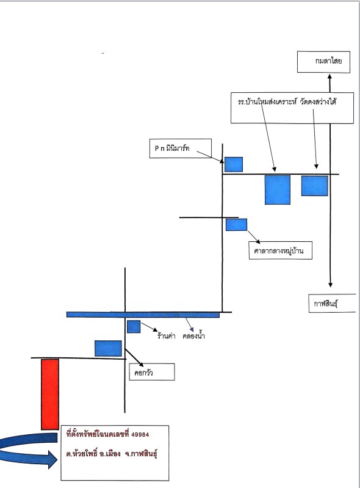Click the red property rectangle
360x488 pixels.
tap(50, 395)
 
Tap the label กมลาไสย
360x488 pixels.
tap(328, 60)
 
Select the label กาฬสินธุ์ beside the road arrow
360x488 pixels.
tap(326, 304)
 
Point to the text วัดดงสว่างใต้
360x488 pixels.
tap(318, 102)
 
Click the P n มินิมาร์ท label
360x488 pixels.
tap(172, 148)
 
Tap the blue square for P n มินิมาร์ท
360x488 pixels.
tap(234, 164)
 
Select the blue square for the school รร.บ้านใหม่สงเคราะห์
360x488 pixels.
tap(278, 190)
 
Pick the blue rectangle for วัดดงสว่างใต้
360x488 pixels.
tap(315, 186)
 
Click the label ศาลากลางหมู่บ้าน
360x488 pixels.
tap(279, 251)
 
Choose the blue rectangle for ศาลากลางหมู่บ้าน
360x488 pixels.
tap(236, 225)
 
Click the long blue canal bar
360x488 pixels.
tap(143, 315)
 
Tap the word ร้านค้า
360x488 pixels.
tap(167, 336)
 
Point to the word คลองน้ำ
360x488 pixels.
tap(193, 336)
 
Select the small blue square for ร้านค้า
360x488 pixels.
tap(134, 327)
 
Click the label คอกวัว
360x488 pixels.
tap(143, 373)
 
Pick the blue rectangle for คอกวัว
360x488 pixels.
tap(108, 348)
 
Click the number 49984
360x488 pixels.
tap(140, 434)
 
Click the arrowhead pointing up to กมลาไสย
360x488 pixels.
tap(330, 76)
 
